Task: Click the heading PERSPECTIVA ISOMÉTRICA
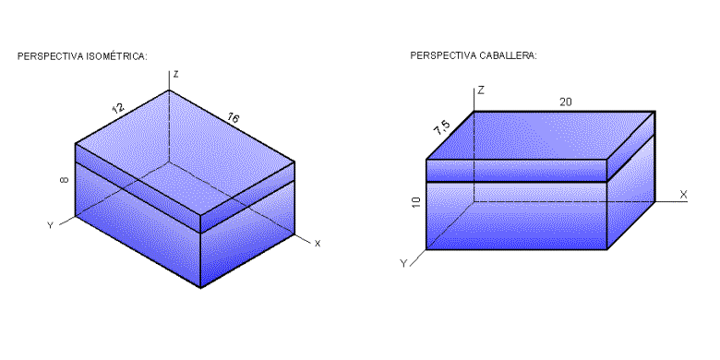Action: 82,56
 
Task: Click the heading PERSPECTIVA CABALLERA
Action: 474,56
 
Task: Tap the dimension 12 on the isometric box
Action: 118,108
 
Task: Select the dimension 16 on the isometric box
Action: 233,117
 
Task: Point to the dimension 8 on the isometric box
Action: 63,181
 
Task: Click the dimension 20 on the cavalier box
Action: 565,101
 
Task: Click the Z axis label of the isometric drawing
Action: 175,74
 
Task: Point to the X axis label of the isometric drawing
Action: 317,244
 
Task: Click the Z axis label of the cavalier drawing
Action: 482,90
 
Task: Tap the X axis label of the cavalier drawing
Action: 683,194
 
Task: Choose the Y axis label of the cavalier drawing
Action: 403,263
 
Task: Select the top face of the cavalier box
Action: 540,136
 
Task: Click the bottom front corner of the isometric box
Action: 201,287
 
